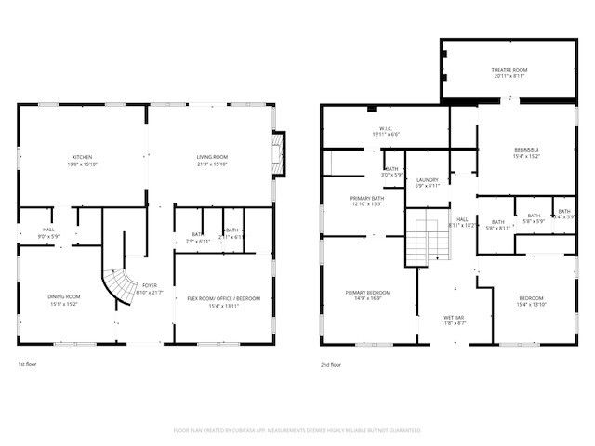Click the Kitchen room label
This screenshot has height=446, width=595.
(x=83, y=160)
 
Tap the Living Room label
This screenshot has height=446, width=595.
(x=212, y=160)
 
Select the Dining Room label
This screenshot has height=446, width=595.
(x=63, y=300)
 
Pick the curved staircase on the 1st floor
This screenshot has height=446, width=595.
(x=117, y=289)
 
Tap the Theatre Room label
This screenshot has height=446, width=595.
(x=509, y=73)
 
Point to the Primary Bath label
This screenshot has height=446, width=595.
(x=366, y=201)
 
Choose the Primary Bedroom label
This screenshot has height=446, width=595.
(x=368, y=296)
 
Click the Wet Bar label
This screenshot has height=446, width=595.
(x=453, y=321)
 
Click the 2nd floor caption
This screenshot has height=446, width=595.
(x=331, y=365)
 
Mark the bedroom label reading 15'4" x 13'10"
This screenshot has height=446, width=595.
(x=530, y=301)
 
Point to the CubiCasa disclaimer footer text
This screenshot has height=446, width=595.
(x=297, y=430)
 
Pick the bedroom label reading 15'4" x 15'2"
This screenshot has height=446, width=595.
(x=527, y=152)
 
